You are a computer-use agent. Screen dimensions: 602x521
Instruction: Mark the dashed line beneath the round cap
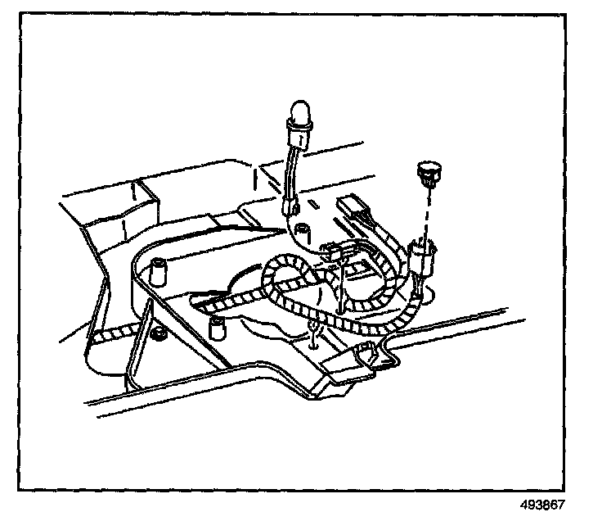(426, 209)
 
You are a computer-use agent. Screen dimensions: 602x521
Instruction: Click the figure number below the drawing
(542, 505)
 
